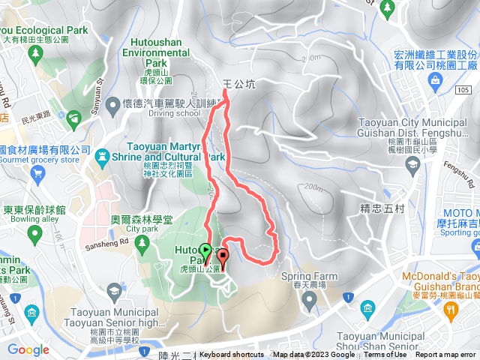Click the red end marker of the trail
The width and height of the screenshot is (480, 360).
223,255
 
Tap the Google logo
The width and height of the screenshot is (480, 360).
28,349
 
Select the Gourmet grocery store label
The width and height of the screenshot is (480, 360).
49,160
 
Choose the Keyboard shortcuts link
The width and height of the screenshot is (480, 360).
232,355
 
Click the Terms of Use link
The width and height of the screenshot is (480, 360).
385,355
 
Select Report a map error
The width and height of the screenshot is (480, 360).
447,355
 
